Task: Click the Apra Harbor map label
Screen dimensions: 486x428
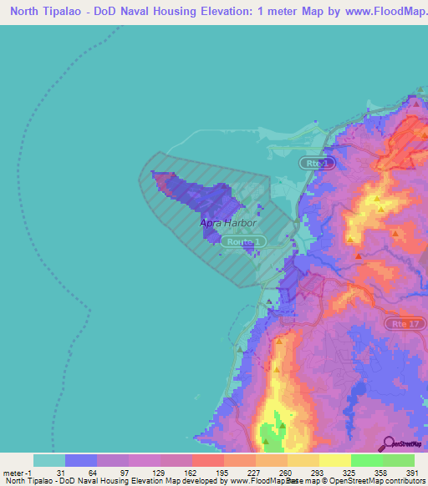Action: pyautogui.click(x=227, y=223)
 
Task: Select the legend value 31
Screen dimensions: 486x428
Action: pyautogui.click(x=61, y=473)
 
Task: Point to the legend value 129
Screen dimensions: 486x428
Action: pyautogui.click(x=157, y=473)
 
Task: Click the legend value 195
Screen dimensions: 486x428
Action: pyautogui.click(x=222, y=473)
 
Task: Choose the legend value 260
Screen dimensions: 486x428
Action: pyautogui.click(x=285, y=473)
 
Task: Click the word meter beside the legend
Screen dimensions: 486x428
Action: pyautogui.click(x=14, y=473)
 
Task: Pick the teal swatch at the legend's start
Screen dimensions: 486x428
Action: pyautogui.click(x=48, y=460)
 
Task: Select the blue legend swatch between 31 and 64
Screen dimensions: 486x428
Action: pyautogui.click(x=81, y=460)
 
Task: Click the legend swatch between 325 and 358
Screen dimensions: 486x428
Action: pyautogui.click(x=366, y=460)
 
